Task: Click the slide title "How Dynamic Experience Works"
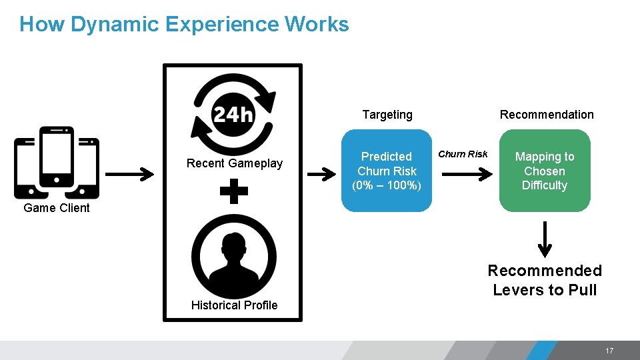tap(184, 25)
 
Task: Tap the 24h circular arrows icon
tap(233, 115)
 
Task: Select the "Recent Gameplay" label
tap(235, 163)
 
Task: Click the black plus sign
tap(233, 193)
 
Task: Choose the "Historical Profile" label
tap(234, 305)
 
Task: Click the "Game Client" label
tap(57, 208)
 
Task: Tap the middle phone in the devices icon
tap(57, 157)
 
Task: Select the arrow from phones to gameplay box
tap(129, 175)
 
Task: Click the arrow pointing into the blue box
tap(321, 175)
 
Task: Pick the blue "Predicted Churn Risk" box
tap(387, 171)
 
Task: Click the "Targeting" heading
tap(387, 115)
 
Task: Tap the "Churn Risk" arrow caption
tap(463, 154)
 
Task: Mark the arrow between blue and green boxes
tap(467, 174)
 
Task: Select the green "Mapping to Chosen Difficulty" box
tap(545, 171)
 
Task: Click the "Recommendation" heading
tap(547, 115)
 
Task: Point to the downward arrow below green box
tap(545, 239)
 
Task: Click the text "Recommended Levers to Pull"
tap(545, 280)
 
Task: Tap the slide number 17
tap(609, 351)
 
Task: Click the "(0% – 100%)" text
tap(387, 185)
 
